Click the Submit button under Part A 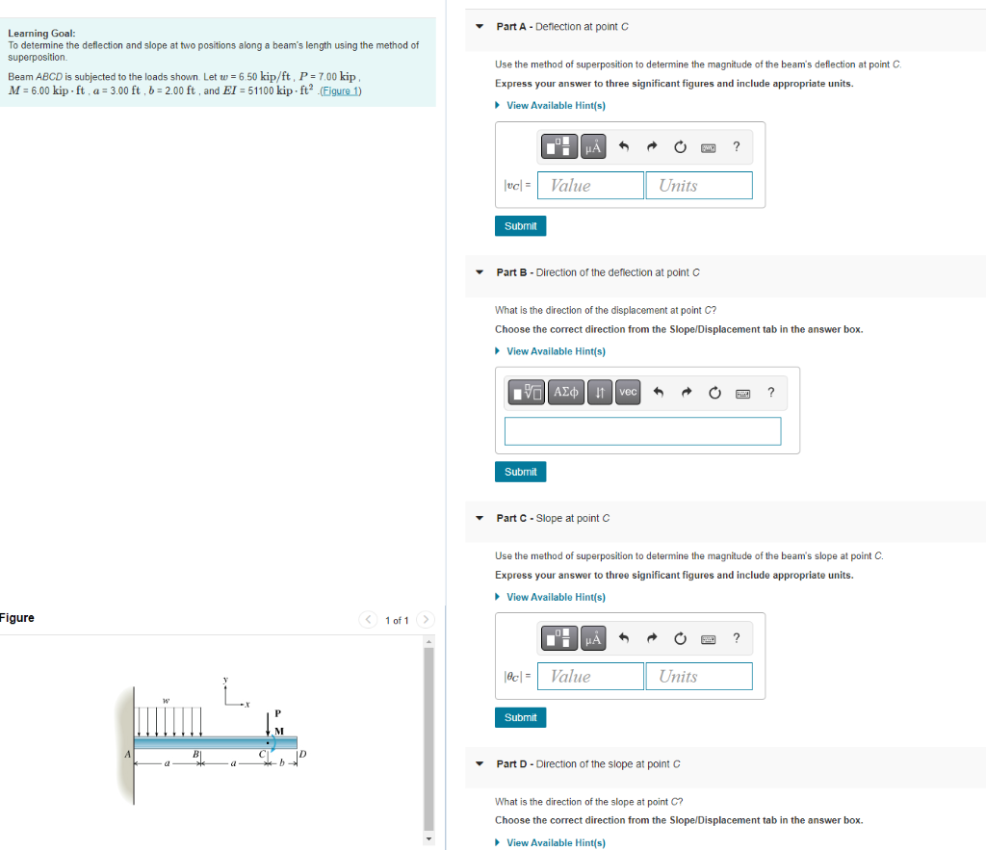[520, 226]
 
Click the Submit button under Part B [520, 472]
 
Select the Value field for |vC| [590, 186]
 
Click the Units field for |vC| [699, 186]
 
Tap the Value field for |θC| [590, 677]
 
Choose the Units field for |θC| [699, 677]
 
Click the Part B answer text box [642, 431]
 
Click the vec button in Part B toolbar [628, 392]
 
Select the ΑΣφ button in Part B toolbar [566, 392]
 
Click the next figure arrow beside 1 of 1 [427, 619]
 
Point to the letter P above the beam [277, 713]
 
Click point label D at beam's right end [302, 754]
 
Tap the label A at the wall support [126, 755]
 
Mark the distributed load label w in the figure [166, 700]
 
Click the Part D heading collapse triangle [480, 764]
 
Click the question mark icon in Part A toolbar [736, 147]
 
